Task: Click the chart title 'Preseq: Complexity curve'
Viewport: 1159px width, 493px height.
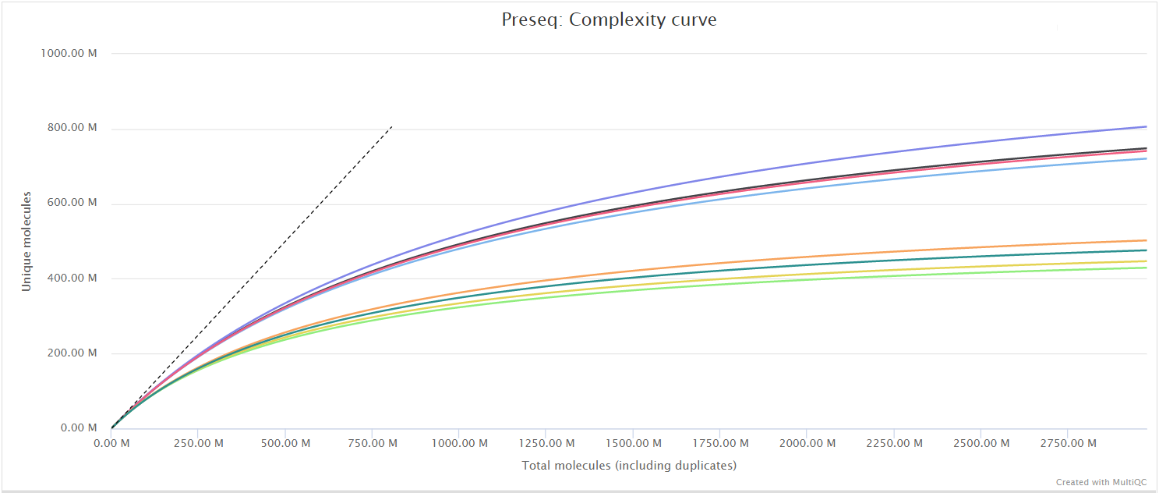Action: point(609,20)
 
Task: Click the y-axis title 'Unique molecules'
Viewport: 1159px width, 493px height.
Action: point(27,241)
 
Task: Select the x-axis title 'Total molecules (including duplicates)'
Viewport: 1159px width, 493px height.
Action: point(628,466)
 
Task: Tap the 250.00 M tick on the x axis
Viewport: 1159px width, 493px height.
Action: point(198,444)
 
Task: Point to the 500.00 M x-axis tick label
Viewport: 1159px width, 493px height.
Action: point(284,444)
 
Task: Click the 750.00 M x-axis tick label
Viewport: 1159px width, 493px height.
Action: point(372,444)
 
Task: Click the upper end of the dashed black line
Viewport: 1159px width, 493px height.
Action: point(391,126)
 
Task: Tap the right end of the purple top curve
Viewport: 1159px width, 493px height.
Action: point(1146,126)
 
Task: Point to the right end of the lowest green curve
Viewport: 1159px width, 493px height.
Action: point(1146,268)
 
